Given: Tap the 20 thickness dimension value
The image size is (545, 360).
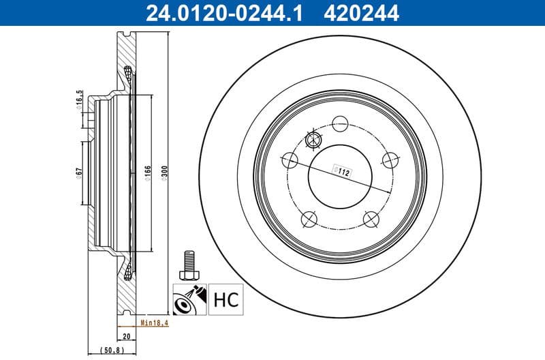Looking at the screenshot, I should pos(126,336).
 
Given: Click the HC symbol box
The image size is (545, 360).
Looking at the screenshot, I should pos(226,299).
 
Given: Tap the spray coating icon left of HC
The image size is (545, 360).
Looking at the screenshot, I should pos(190,299).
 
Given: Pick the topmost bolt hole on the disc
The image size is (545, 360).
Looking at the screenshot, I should pos(339,124).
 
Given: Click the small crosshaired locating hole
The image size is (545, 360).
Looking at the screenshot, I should pos(313,141).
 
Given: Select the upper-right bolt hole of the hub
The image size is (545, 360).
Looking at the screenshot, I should pos(390,160).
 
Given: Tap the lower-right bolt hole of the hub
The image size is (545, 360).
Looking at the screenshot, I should pos(371,219).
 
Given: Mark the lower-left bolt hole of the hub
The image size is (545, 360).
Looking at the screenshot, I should pos(309,219).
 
